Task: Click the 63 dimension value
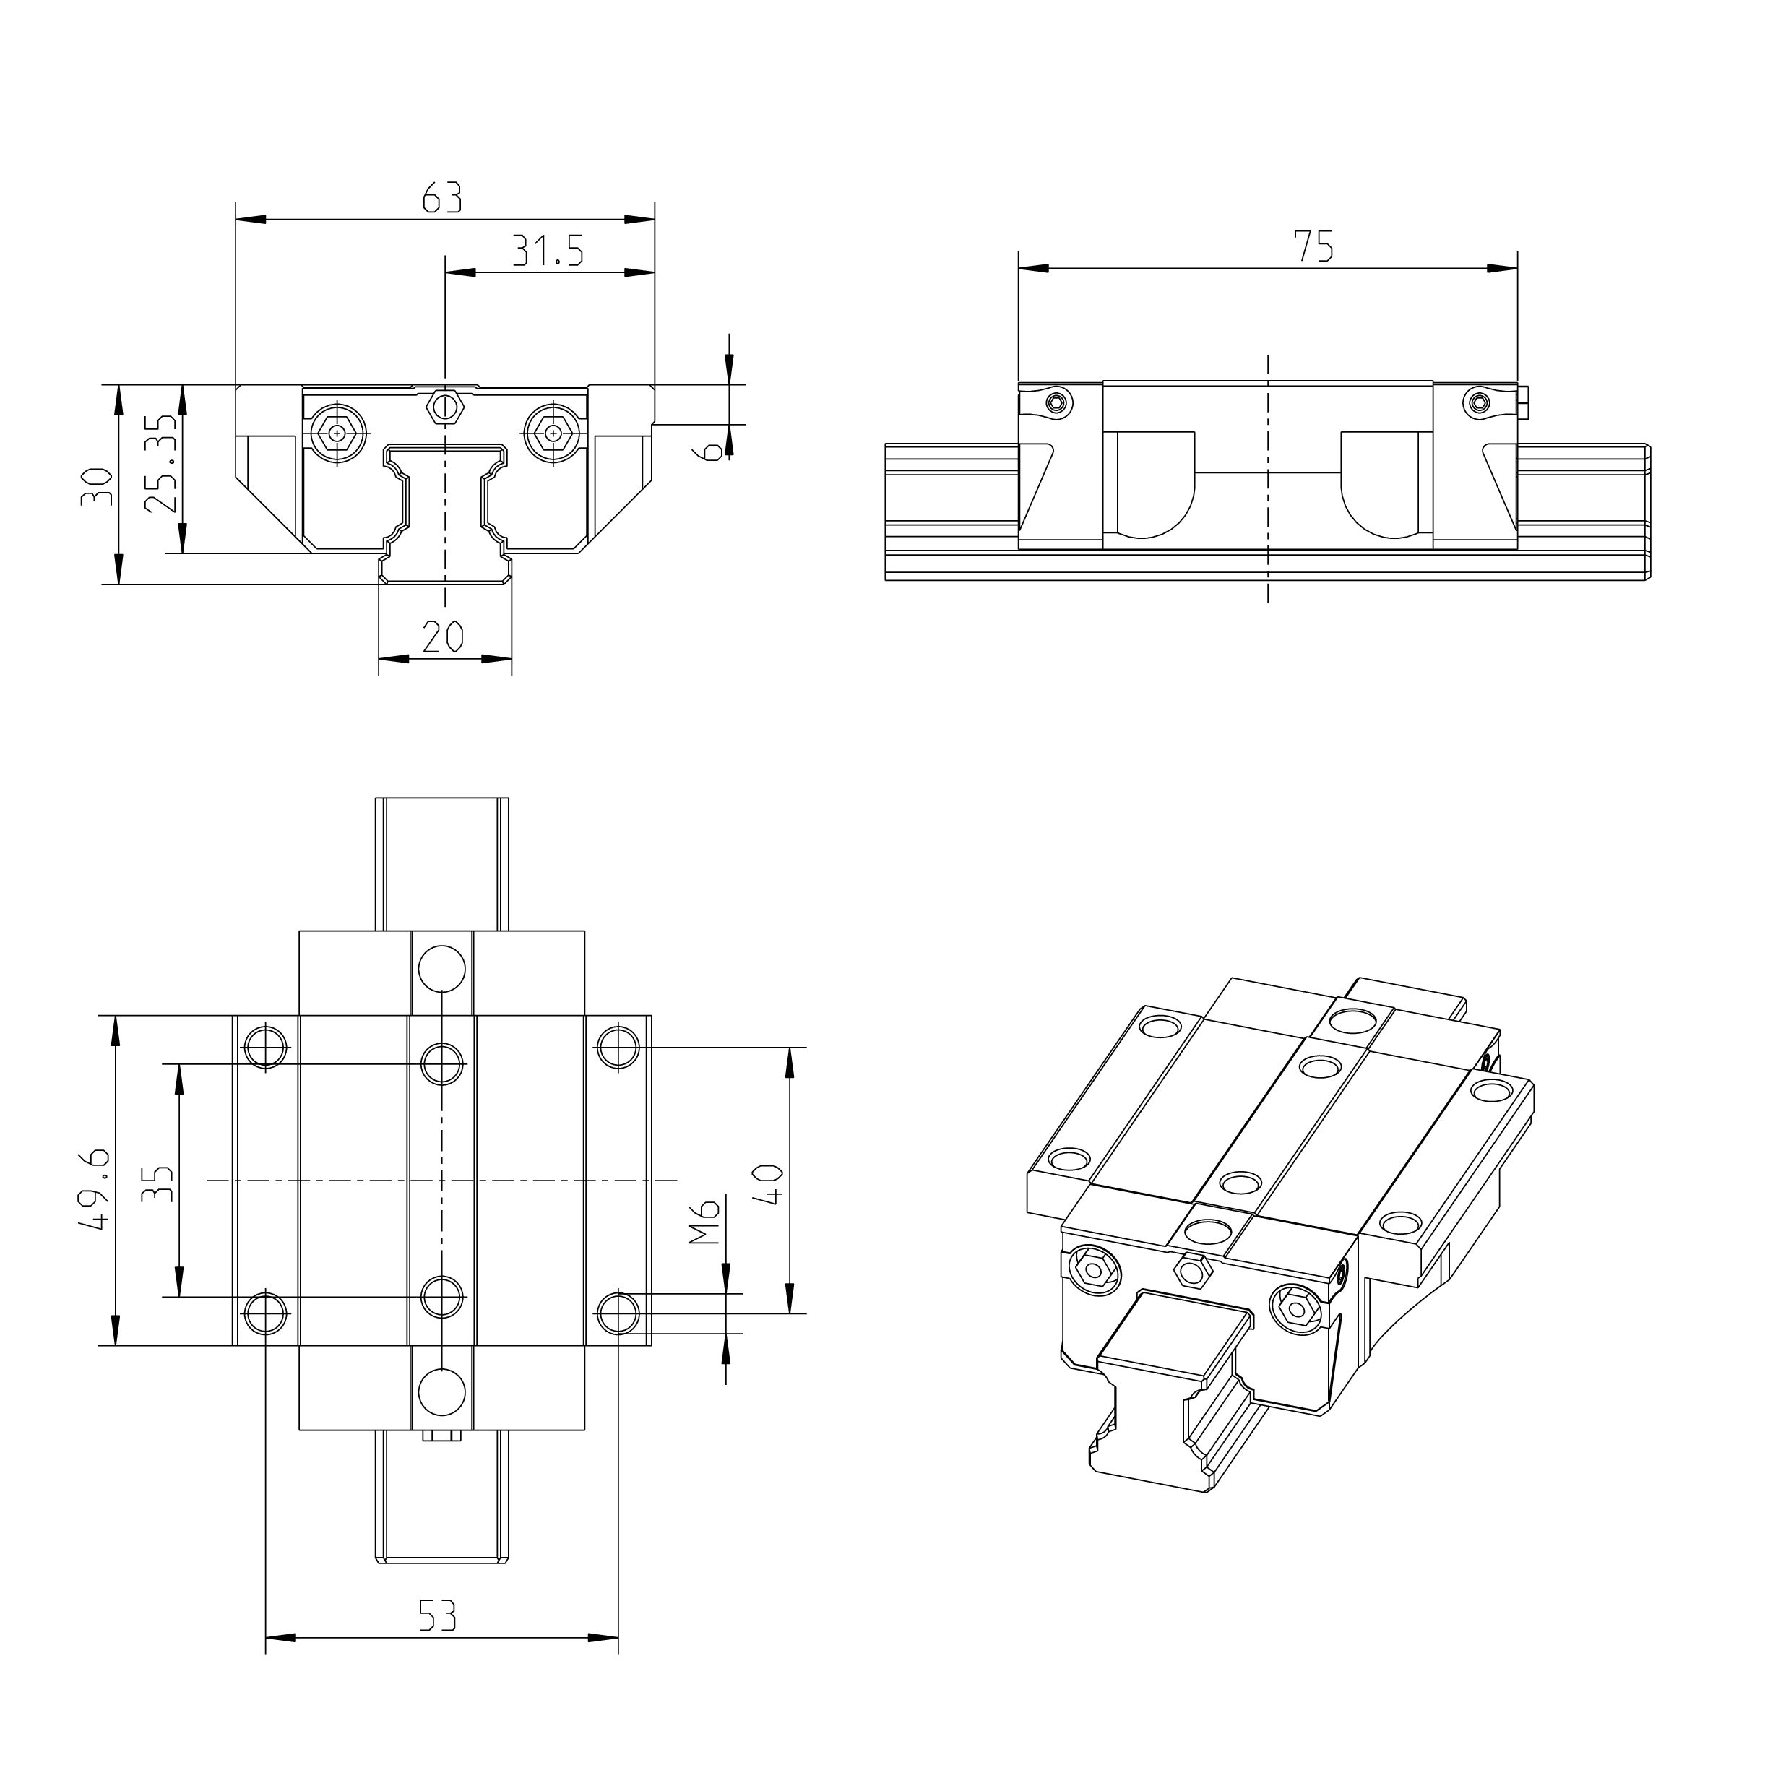(442, 197)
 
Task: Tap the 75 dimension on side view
(1313, 246)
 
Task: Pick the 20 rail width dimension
(443, 637)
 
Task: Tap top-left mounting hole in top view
(266, 1048)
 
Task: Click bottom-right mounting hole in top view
(618, 1313)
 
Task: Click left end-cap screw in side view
(1058, 402)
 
